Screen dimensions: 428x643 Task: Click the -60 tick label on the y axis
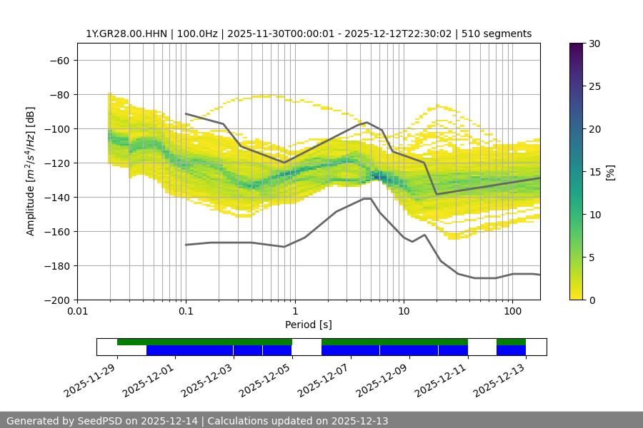click(58, 61)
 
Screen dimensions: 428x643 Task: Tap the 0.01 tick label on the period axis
click(77, 312)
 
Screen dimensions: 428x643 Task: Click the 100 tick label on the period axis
click(512, 312)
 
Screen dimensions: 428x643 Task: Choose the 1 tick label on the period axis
click(294, 312)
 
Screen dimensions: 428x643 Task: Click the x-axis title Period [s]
click(309, 325)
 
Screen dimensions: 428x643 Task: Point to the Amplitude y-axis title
click(31, 171)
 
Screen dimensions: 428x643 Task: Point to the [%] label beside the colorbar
click(610, 172)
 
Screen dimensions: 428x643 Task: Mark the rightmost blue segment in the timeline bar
click(511, 350)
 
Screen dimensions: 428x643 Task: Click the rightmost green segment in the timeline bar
click(511, 342)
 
